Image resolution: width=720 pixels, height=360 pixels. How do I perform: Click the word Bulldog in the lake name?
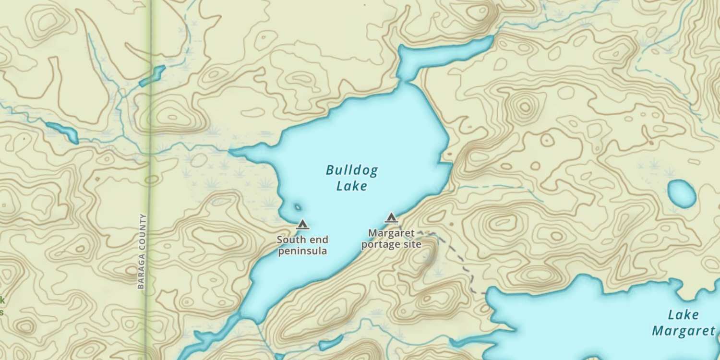point(352,170)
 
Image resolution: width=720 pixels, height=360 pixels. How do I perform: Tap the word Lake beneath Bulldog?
point(352,186)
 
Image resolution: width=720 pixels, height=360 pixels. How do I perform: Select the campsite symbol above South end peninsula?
point(302,224)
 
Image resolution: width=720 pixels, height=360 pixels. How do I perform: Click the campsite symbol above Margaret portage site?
point(391,218)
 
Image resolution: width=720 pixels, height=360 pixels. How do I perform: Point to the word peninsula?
point(303,251)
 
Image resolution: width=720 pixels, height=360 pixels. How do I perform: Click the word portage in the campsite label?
point(381,244)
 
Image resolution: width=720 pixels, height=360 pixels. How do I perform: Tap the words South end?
point(303,239)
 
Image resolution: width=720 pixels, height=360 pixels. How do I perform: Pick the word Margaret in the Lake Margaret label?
point(683,331)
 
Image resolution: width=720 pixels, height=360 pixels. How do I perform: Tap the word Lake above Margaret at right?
point(683,315)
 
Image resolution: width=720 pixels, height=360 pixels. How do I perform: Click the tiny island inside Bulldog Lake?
point(298,207)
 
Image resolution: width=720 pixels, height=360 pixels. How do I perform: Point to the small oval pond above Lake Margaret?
point(682,193)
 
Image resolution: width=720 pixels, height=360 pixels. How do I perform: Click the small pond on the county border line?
point(153,76)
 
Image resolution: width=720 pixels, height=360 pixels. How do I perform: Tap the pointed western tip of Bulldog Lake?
point(231,153)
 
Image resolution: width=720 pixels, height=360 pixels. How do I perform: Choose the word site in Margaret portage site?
point(413,244)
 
